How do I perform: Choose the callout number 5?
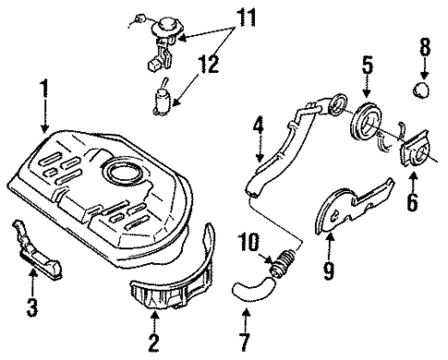[x=367, y=66]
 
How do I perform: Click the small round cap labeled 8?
[x=422, y=90]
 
